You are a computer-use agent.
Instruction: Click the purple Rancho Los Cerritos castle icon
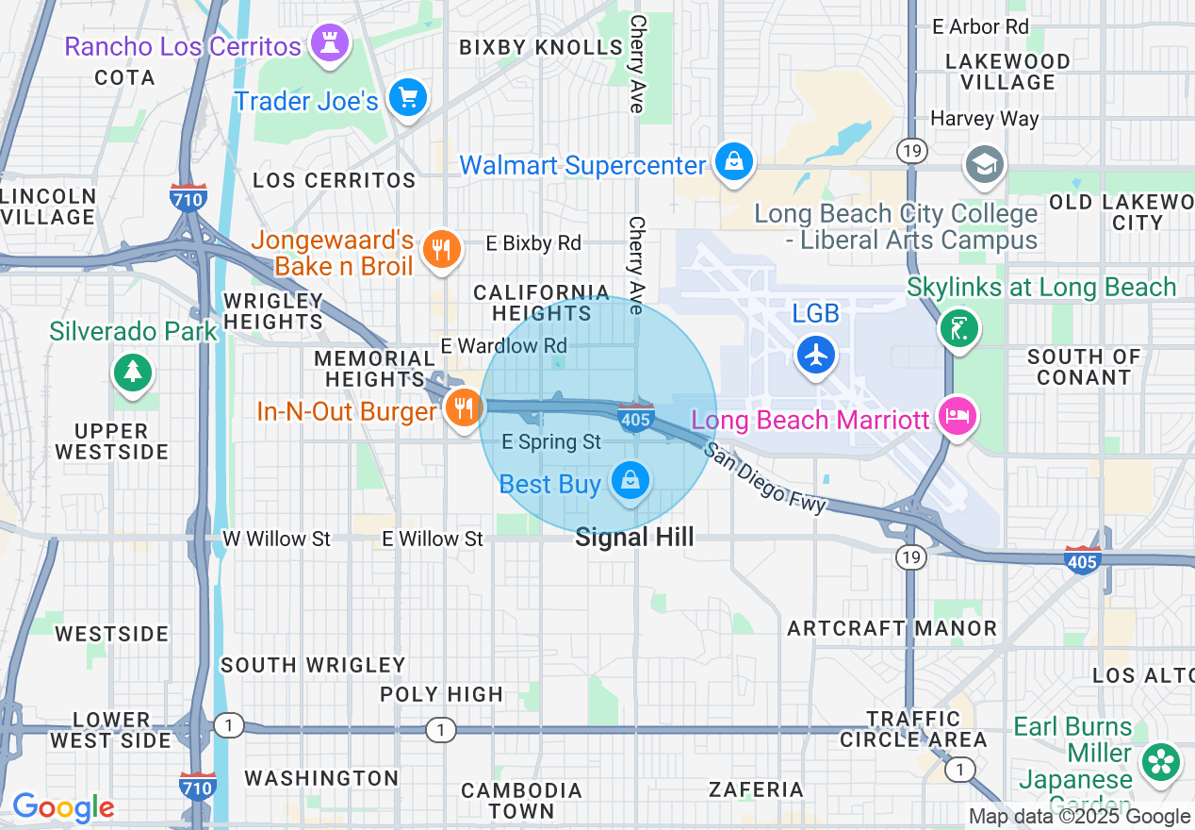(329, 44)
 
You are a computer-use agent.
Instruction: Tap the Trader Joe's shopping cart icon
(408, 99)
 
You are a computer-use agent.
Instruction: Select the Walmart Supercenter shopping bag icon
(733, 162)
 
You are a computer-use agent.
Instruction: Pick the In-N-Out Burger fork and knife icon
(463, 408)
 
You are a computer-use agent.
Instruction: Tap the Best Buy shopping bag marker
(630, 481)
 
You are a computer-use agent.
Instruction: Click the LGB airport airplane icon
(816, 356)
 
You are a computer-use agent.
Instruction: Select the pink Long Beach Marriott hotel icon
(958, 418)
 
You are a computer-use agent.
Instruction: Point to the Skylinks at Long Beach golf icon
(959, 329)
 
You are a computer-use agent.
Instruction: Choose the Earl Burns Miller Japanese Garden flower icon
(1160, 762)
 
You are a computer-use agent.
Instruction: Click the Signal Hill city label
(634, 538)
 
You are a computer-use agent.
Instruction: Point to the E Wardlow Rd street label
(504, 346)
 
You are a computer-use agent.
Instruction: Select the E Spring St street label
(551, 441)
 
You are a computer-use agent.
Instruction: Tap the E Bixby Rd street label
(533, 243)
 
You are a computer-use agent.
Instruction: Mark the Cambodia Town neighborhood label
(521, 800)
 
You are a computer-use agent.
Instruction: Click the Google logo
(63, 807)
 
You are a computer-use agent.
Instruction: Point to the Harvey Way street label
(984, 119)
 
